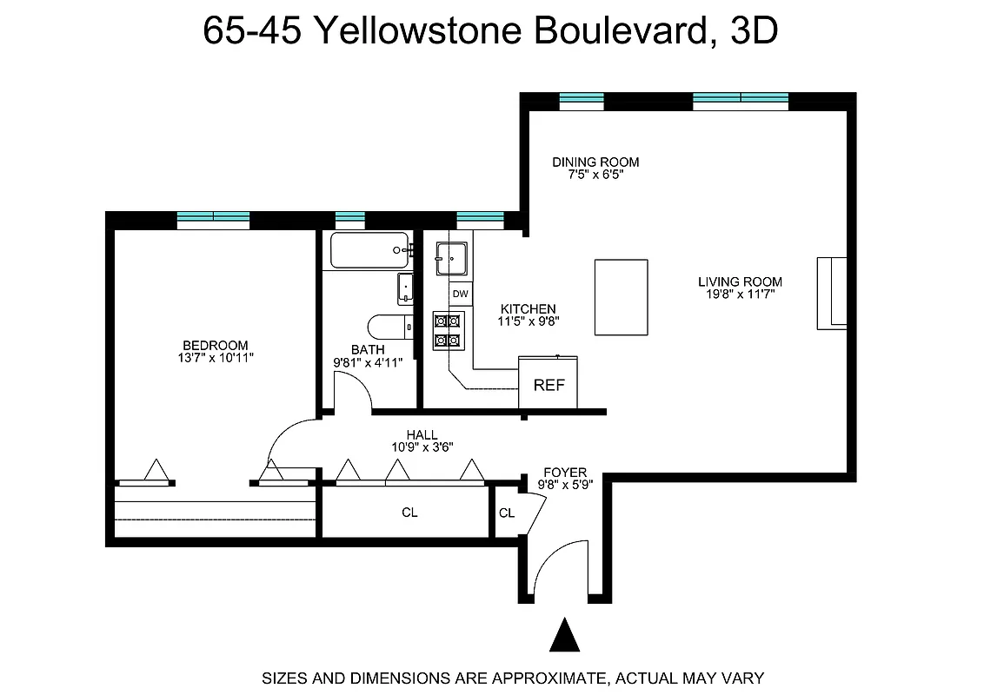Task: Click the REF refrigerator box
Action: point(549,382)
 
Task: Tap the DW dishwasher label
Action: point(461,295)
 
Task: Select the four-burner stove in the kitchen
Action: point(449,330)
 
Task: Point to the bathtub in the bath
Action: point(369,250)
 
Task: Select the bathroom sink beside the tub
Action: point(405,288)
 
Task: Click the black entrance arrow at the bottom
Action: point(565,636)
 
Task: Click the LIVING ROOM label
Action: point(740,281)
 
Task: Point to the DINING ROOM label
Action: point(595,162)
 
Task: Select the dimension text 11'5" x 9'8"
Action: point(528,321)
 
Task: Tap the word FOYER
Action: point(565,473)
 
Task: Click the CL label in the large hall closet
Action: point(409,513)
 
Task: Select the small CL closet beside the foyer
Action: point(506,513)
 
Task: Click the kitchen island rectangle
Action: point(621,296)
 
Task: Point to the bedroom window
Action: point(213,218)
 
